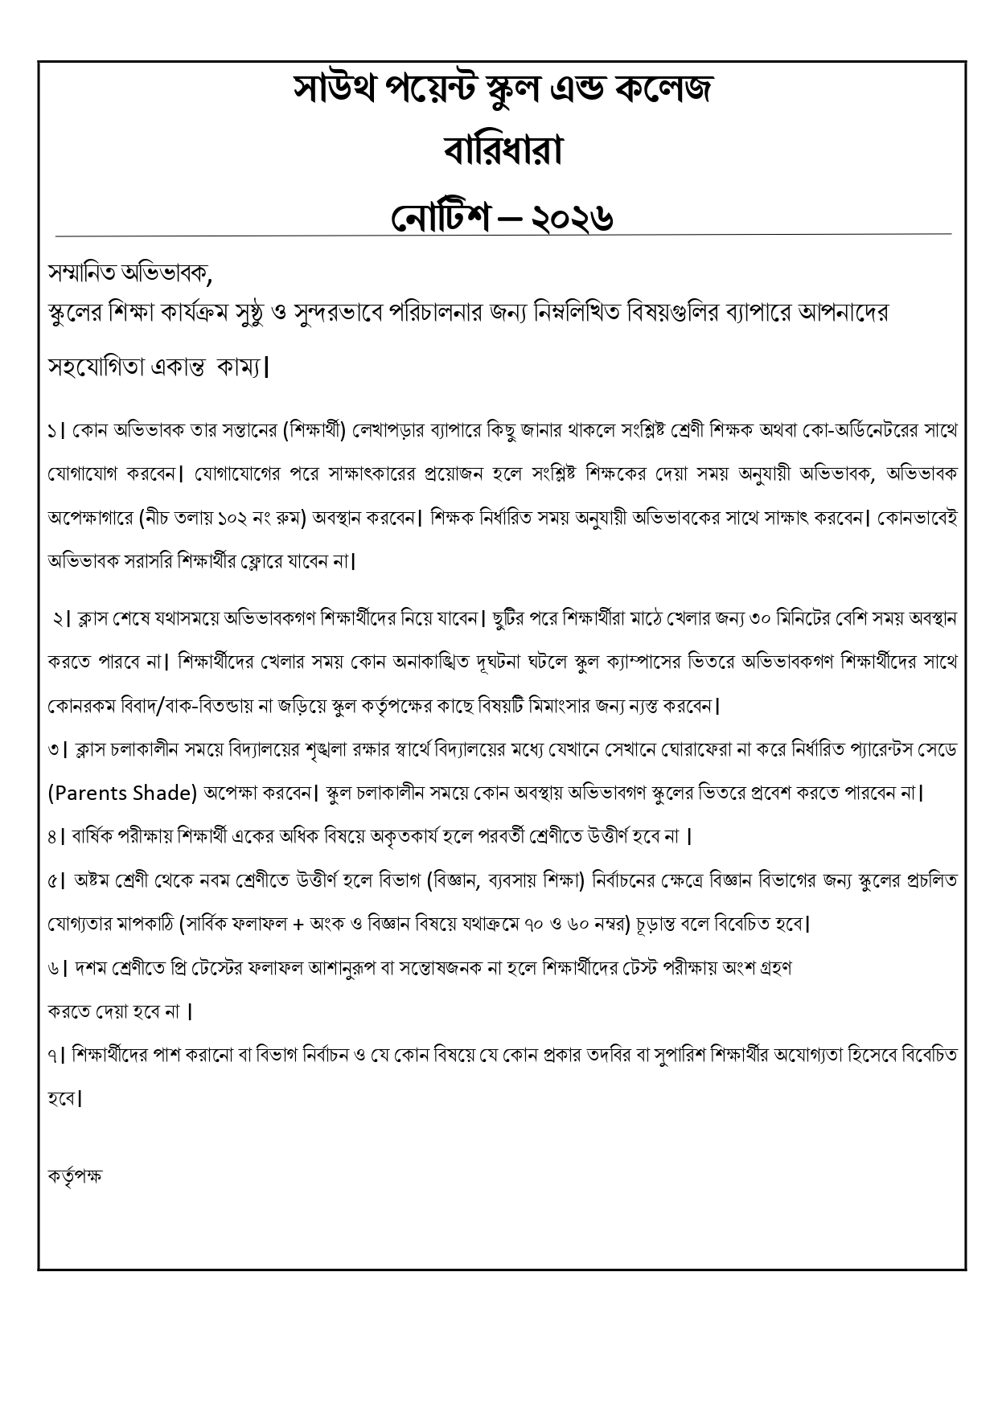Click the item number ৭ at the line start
tap(52, 1054)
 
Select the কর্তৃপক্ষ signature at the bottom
tap(75, 1176)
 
